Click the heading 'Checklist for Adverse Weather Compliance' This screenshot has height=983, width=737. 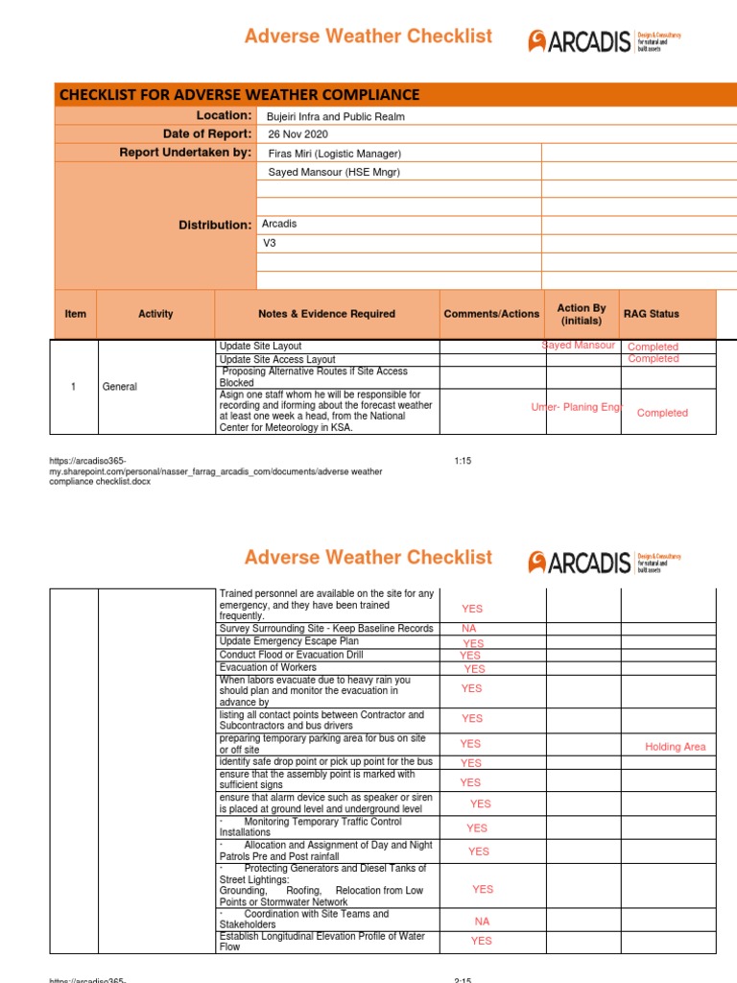tap(240, 94)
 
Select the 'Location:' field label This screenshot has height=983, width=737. tap(224, 116)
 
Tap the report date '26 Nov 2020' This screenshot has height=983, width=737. tap(298, 135)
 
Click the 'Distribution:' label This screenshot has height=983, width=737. tap(215, 225)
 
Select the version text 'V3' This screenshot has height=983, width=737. tap(271, 243)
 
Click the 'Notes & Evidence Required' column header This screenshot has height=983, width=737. tap(326, 314)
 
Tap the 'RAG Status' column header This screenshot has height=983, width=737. tap(651, 314)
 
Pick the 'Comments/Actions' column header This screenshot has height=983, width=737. tap(491, 314)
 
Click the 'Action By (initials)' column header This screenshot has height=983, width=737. tap(582, 314)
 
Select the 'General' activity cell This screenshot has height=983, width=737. tap(119, 387)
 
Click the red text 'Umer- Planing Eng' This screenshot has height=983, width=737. tap(577, 408)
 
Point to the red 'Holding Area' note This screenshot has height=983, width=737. tap(675, 747)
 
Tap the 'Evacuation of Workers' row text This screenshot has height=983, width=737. tap(268, 667)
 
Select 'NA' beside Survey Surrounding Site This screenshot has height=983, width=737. tap(468, 629)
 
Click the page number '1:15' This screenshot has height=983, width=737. tap(463, 461)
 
